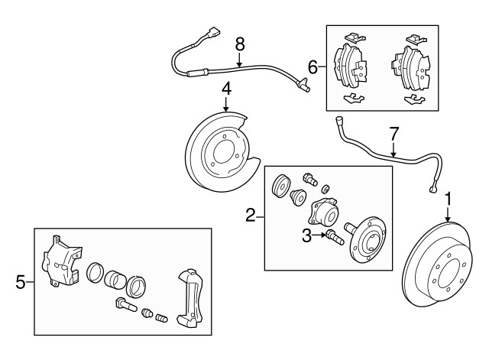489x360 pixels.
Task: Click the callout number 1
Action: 449,199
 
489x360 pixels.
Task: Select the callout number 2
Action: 250,216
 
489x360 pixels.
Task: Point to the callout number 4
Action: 226,90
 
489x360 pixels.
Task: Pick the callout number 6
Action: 312,67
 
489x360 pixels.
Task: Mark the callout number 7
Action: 393,134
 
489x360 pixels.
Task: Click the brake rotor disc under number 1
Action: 439,268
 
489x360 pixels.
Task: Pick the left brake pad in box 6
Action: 351,64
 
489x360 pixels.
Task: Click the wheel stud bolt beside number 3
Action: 333,235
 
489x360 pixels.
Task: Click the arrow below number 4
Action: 226,106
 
